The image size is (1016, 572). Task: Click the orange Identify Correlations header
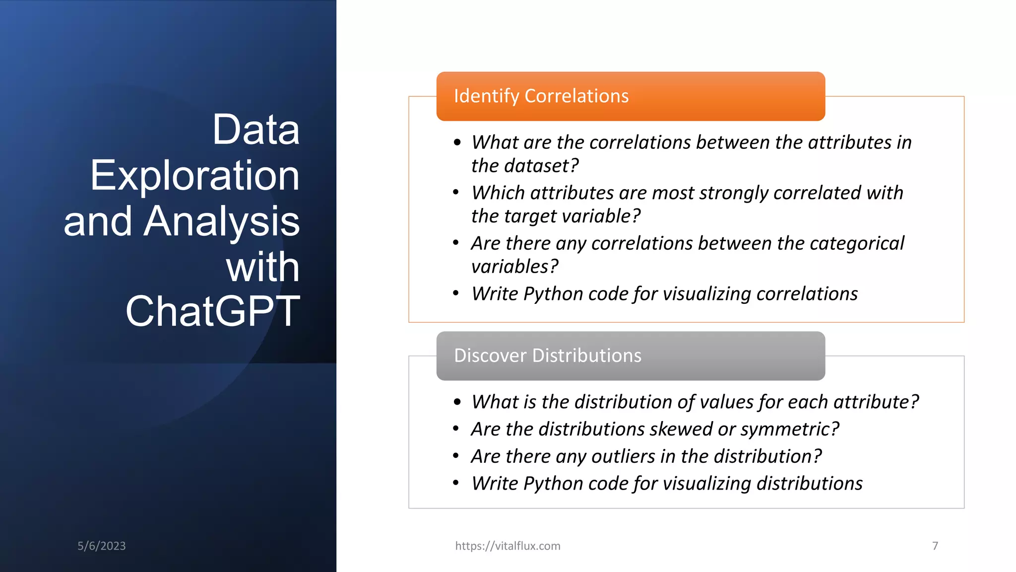(x=630, y=96)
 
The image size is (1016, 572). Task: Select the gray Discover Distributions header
(x=630, y=356)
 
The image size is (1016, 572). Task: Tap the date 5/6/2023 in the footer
(x=102, y=546)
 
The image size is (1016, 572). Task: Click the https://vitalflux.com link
(x=508, y=546)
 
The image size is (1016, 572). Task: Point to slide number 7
(x=935, y=546)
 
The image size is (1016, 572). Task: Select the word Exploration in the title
(x=194, y=176)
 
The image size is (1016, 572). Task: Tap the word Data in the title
(x=255, y=130)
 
